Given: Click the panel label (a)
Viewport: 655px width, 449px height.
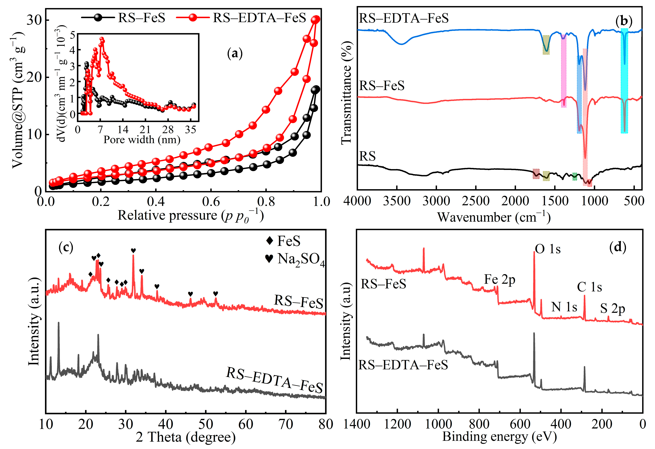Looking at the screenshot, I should click(x=234, y=53).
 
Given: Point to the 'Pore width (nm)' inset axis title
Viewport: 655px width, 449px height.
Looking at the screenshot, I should click(x=142, y=140).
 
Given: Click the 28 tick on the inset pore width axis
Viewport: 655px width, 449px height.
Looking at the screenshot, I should click(x=168, y=130).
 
